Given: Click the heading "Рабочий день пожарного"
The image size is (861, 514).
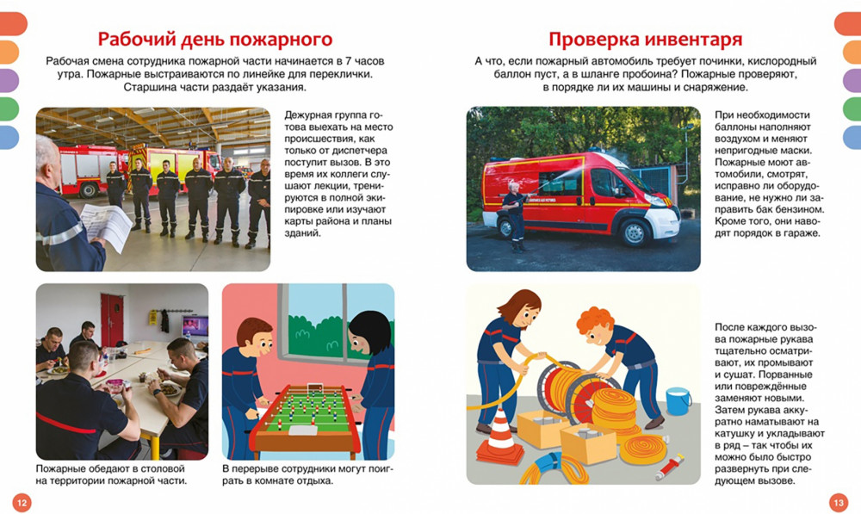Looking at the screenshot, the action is click(x=215, y=40).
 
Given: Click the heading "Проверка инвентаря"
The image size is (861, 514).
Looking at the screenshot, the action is click(x=645, y=40).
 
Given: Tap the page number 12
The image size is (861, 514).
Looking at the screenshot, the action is click(x=22, y=503).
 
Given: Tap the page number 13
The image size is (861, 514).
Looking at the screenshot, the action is click(x=839, y=503).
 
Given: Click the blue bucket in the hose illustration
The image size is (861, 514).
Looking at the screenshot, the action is click(x=678, y=401).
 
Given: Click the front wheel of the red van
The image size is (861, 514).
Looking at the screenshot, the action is click(x=635, y=232).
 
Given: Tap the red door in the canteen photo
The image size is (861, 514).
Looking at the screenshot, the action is click(x=112, y=319).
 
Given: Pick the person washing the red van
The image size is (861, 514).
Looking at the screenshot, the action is click(x=515, y=216).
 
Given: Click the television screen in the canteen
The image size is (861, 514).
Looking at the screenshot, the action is click(x=195, y=326).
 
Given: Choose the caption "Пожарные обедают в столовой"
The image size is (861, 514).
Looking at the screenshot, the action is click(x=110, y=469).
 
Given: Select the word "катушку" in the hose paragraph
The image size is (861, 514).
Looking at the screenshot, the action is click(x=734, y=434).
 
